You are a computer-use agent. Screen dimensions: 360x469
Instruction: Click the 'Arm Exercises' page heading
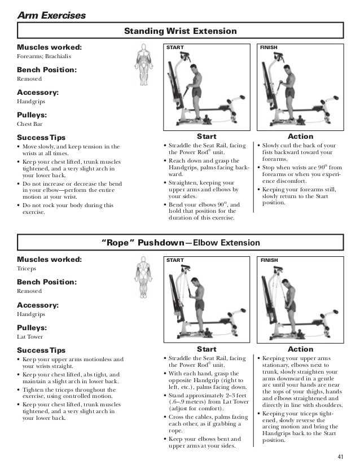[x=51, y=15]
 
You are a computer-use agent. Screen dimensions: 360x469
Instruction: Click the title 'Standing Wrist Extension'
[x=180, y=30]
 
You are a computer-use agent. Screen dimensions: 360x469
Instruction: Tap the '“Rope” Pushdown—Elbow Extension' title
[x=180, y=243]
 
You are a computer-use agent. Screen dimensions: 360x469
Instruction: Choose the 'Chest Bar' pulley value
[x=30, y=124]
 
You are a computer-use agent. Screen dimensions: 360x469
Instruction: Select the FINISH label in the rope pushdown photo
[x=270, y=260]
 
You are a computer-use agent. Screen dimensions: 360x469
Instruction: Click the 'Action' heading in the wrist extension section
[x=300, y=137]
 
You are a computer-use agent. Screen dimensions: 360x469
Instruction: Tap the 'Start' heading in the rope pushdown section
[x=206, y=349]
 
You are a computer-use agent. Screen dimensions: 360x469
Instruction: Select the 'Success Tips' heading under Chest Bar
[x=41, y=137]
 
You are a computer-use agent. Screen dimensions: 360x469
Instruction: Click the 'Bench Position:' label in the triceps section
[x=46, y=282]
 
